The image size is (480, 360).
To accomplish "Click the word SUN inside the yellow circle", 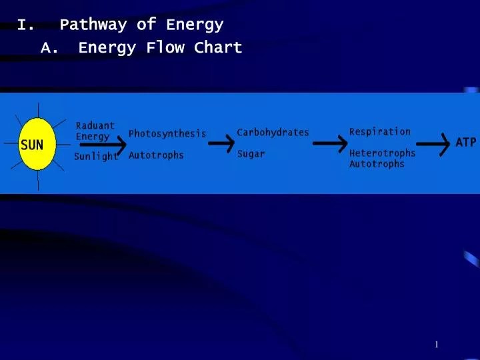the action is [32, 145].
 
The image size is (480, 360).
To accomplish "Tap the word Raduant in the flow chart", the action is [95, 125].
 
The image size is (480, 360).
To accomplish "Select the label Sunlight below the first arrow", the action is [96, 157].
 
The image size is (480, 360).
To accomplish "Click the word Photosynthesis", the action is [167, 134].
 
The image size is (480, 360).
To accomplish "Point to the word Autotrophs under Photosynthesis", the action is [156, 155].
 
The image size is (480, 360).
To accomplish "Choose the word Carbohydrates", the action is [273, 132].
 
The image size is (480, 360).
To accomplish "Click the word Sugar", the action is [251, 154].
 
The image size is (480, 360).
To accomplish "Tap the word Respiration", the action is [380, 132].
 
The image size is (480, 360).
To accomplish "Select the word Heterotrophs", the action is [383, 153].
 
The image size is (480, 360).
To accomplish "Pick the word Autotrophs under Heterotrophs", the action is [377, 164].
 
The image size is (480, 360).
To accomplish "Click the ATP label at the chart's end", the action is [466, 143].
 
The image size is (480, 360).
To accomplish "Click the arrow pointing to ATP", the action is [433, 145].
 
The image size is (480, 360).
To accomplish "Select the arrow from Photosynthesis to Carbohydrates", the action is [221, 143].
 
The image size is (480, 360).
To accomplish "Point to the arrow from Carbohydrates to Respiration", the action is [330, 143].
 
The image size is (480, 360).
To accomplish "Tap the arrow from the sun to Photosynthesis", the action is [103, 145].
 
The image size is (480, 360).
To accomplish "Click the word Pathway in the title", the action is [93, 25].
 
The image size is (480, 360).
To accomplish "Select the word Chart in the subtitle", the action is [218, 47].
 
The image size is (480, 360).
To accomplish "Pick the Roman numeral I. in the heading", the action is [26, 25].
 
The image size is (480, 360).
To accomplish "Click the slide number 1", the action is [437, 345].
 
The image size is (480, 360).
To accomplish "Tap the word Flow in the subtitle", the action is [165, 47].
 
